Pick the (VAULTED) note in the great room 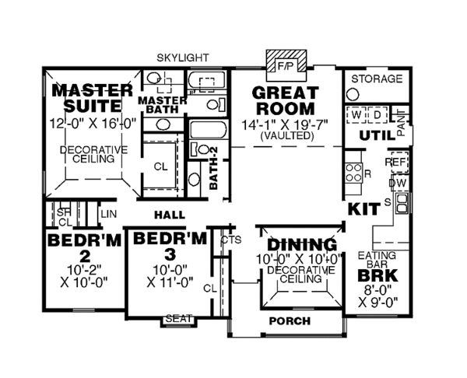pos(288,135)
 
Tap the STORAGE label pos(377,79)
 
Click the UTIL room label pos(373,136)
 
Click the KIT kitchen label pos(362,208)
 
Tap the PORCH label pos(289,320)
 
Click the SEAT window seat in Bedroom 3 pos(178,319)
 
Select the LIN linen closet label pos(108,212)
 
